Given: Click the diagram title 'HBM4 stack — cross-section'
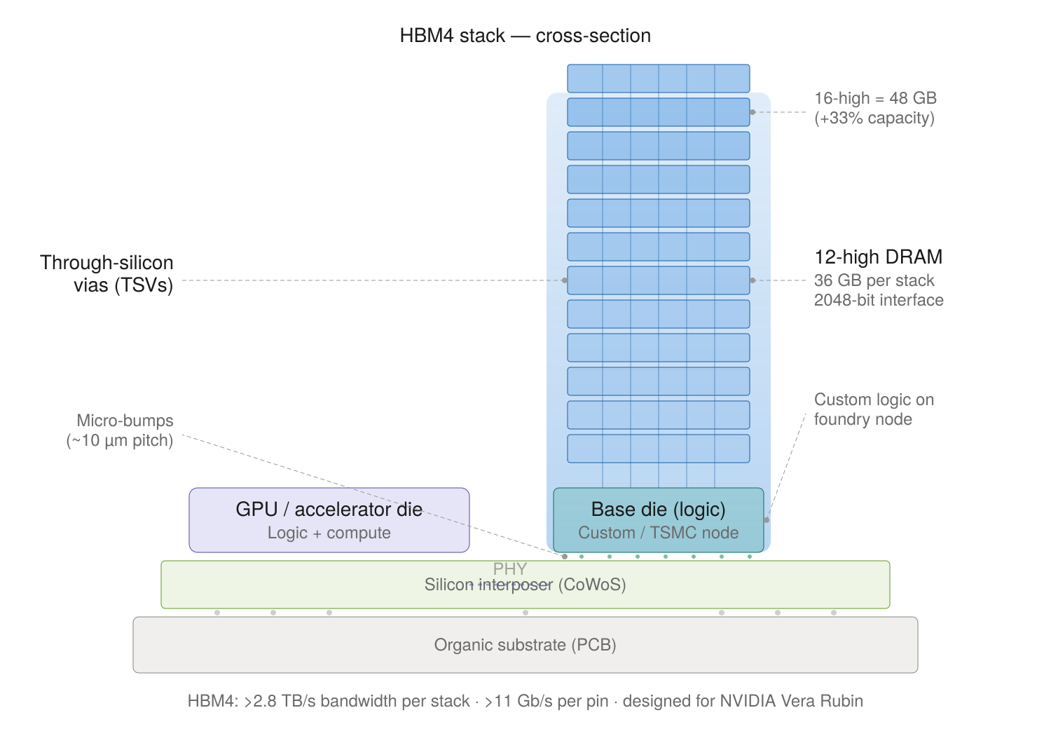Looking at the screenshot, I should (525, 36).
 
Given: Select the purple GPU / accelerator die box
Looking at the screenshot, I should (329, 519).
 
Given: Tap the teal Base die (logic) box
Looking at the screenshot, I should (658, 519).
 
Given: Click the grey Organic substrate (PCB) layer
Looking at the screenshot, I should (525, 645).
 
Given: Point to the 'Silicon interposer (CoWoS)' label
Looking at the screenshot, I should (525, 585).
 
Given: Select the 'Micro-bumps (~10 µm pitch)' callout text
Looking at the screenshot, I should (121, 430).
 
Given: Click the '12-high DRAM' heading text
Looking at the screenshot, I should (878, 257).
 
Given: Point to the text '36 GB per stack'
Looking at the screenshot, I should (874, 280).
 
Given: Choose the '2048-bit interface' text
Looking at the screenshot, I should (879, 300).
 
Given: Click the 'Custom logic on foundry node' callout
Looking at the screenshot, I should (873, 409).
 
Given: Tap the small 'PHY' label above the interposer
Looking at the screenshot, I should (509, 568).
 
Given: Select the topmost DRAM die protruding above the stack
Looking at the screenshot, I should (658, 78).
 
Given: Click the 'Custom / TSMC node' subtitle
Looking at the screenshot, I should (658, 533).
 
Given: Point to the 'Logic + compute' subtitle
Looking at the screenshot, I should (329, 533).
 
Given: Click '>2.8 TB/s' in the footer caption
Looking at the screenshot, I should (279, 701).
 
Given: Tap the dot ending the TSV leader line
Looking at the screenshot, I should (565, 280).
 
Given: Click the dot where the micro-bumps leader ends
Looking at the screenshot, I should (565, 557).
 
